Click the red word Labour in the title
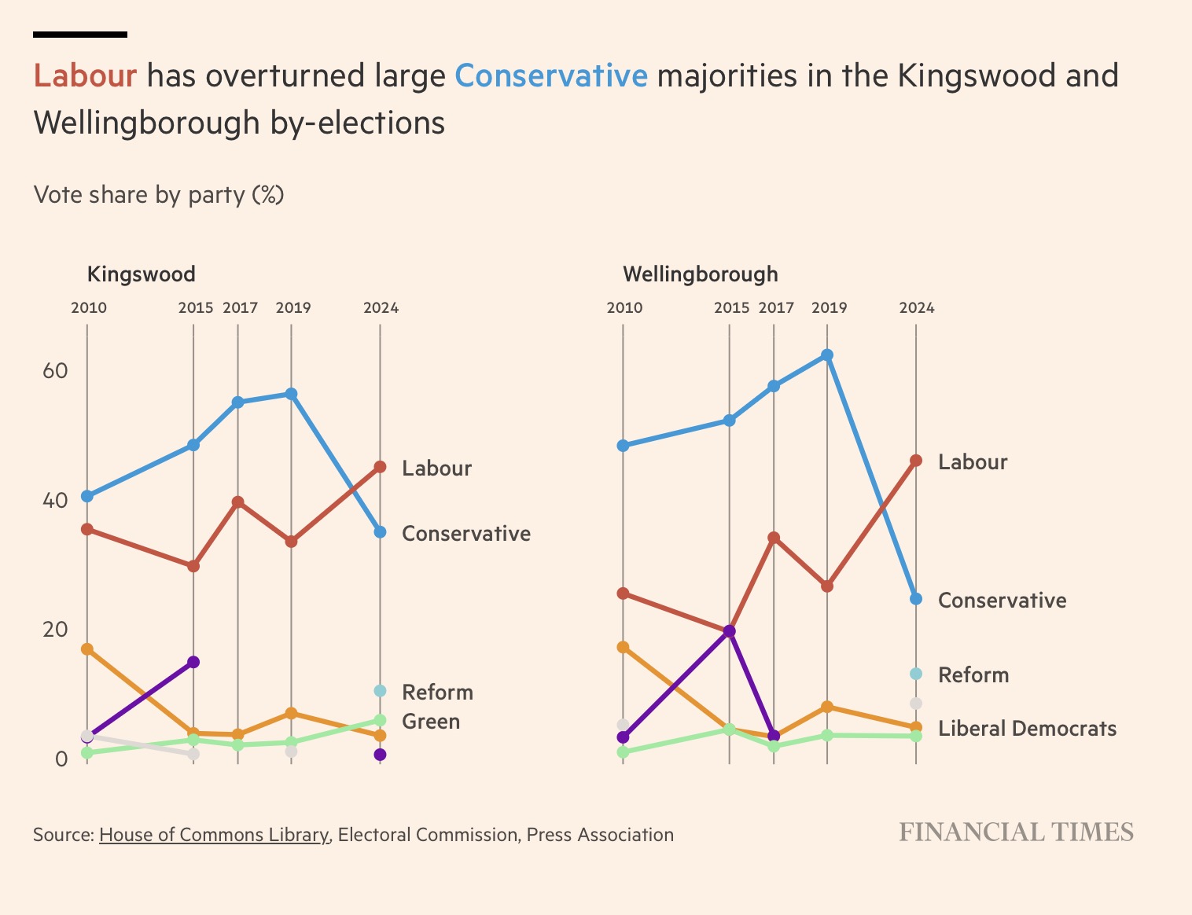[85, 76]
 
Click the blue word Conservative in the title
[550, 76]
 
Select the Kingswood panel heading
[141, 274]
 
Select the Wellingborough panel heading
[700, 274]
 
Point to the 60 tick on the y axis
[54, 370]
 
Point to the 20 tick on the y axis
[54, 629]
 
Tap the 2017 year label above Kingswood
[240, 308]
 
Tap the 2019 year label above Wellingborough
[829, 308]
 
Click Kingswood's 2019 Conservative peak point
[291, 394]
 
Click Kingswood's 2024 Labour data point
[380, 467]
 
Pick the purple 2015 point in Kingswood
[193, 662]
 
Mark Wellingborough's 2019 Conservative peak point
[826, 355]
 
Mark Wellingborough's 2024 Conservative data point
[915, 599]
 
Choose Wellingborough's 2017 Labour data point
[774, 538]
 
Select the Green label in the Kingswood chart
[430, 722]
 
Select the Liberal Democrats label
[1027, 729]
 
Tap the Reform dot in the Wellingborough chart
[915, 674]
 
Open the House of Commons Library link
[213, 835]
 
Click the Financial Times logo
[1016, 832]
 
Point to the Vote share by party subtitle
[158, 194]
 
